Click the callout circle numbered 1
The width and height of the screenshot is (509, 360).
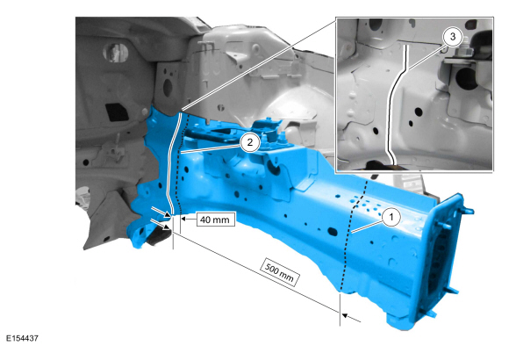pos(391,217)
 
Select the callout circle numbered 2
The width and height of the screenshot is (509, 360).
pos(249,142)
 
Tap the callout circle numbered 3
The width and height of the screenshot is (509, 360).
pos(453,37)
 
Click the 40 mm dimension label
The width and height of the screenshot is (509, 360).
pos(215,220)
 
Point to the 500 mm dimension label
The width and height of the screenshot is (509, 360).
pos(279,272)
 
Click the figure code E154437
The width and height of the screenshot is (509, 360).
pos(22,338)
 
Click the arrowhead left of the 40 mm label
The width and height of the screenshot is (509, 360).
pos(183,219)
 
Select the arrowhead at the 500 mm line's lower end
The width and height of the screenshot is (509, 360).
pos(344,315)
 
